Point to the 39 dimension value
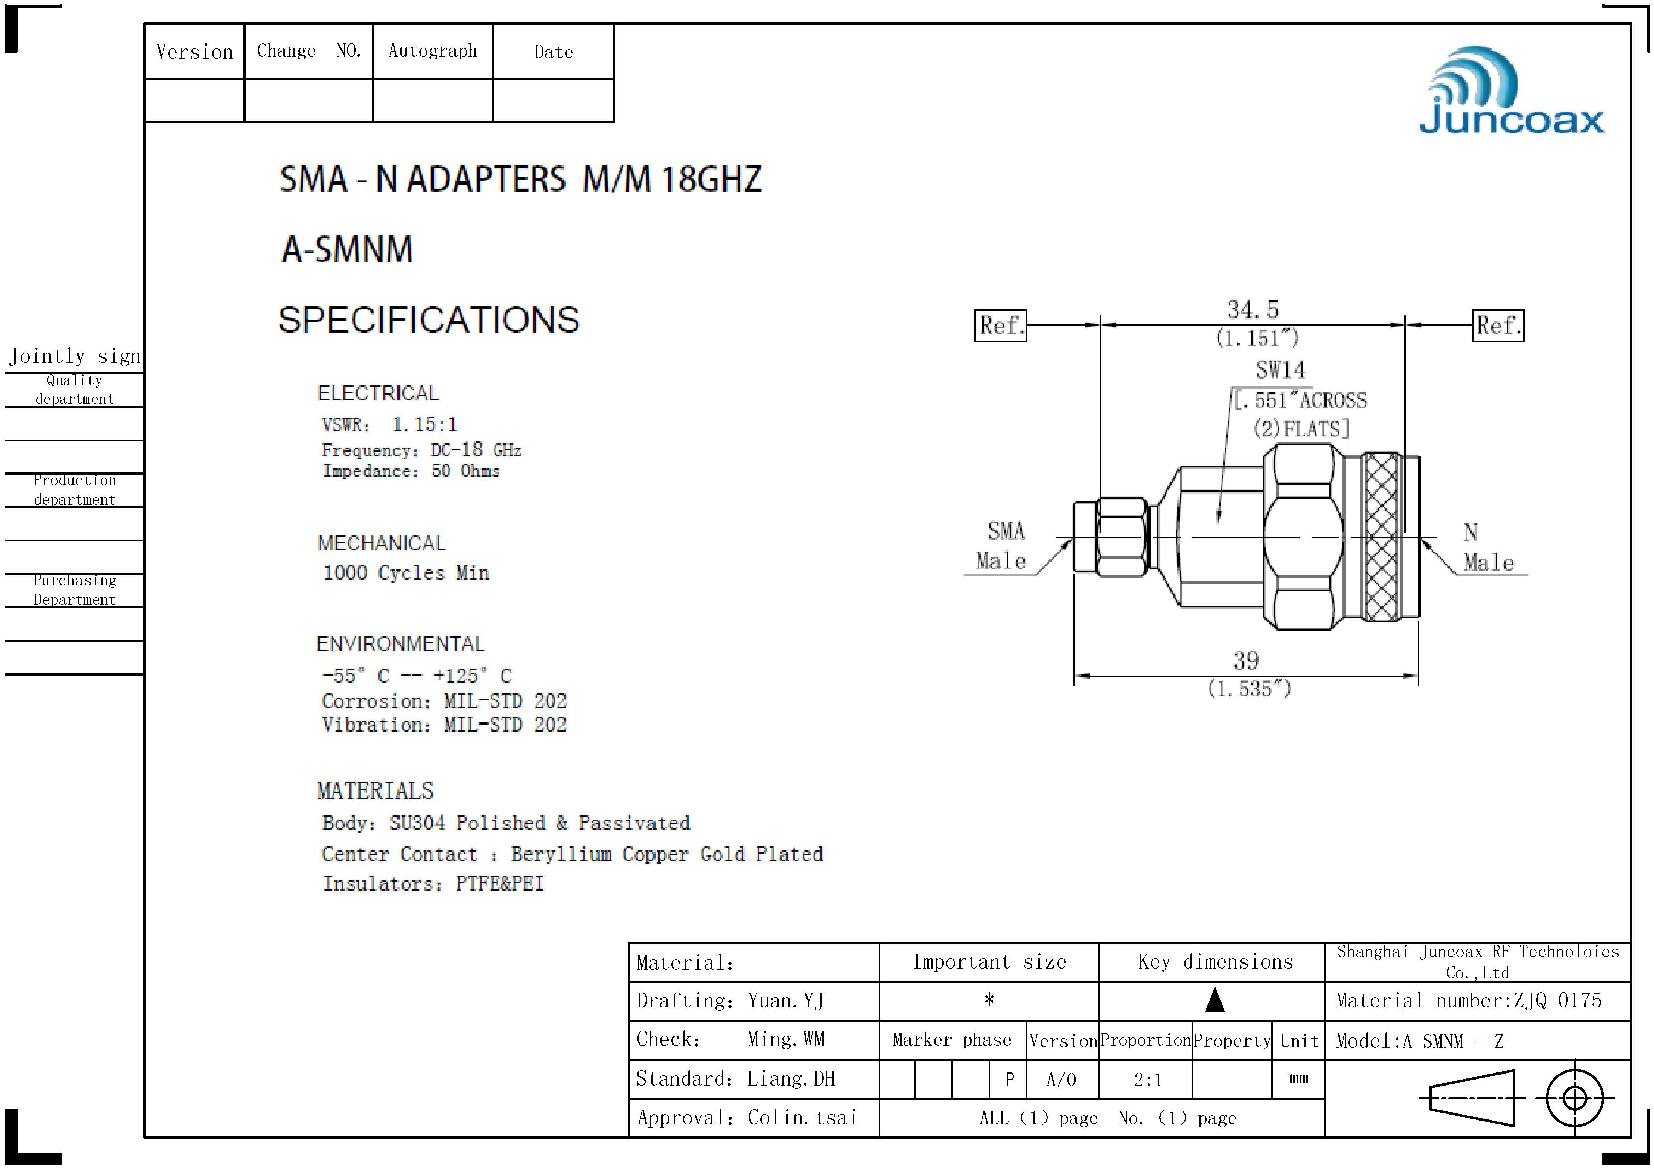click(1246, 661)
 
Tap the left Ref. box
click(1001, 326)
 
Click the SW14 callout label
click(1280, 370)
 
